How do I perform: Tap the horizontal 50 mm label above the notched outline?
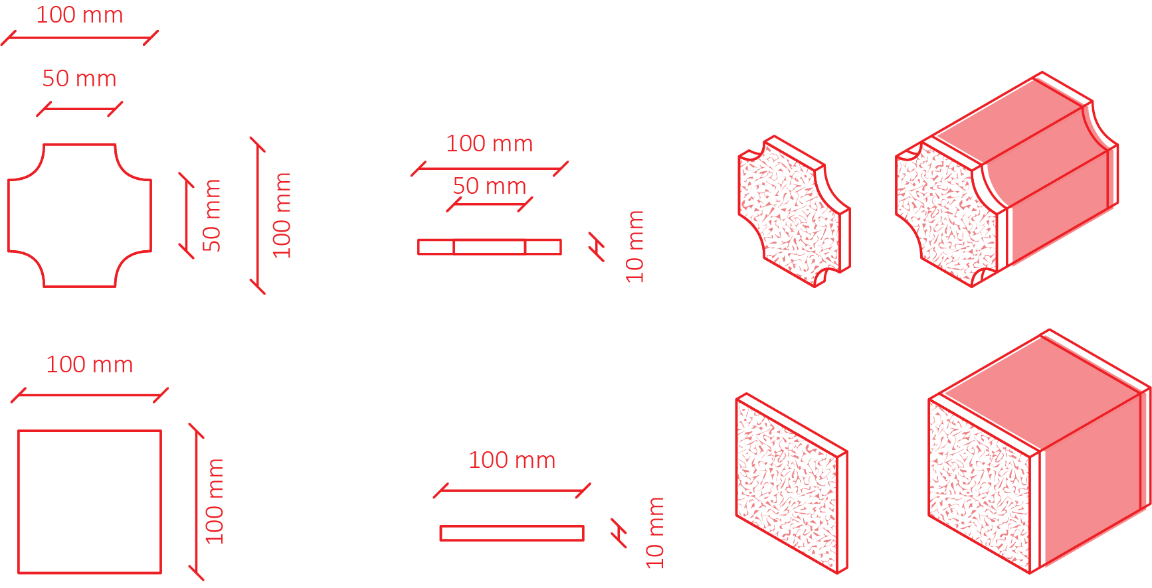point(80,79)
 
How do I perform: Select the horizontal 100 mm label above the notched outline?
point(80,15)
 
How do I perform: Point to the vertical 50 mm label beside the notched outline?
point(212,216)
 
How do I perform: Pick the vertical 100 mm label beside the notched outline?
point(282,216)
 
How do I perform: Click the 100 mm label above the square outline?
point(90,364)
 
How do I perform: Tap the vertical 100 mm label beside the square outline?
point(215,502)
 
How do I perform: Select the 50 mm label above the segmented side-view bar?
point(490,186)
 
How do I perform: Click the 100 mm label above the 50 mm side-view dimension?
point(490,143)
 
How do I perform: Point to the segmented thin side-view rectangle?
point(490,248)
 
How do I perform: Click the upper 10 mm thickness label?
point(635,247)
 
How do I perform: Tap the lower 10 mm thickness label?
point(655,533)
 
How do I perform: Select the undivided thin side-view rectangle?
point(512,533)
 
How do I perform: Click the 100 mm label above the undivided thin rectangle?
point(512,460)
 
